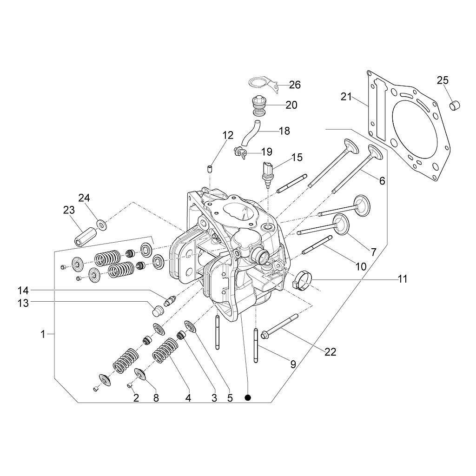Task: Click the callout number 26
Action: (x=295, y=85)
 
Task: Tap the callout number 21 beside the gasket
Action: (x=346, y=97)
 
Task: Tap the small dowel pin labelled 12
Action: (x=209, y=168)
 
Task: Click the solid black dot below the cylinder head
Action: (x=248, y=397)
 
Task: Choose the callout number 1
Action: (x=43, y=334)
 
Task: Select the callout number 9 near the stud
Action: (x=293, y=364)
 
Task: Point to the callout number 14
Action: (x=23, y=291)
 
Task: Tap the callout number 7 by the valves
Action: (x=373, y=252)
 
